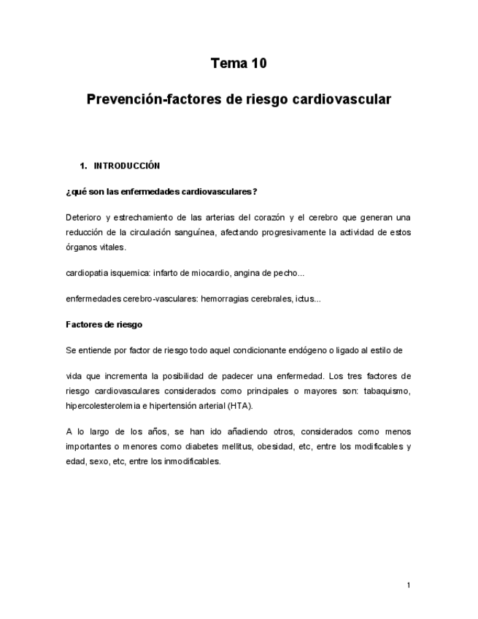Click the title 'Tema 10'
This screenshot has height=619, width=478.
(x=239, y=64)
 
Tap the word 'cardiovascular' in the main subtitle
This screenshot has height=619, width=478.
(x=342, y=98)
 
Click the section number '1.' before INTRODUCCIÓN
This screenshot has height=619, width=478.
(x=83, y=166)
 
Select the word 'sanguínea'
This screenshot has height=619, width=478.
(x=193, y=232)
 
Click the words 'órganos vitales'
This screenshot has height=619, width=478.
(x=95, y=247)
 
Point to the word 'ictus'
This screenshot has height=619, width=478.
(x=304, y=299)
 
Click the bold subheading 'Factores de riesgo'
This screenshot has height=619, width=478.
(x=104, y=324)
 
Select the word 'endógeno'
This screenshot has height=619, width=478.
(x=288, y=350)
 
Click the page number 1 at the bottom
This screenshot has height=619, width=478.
(x=409, y=585)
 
